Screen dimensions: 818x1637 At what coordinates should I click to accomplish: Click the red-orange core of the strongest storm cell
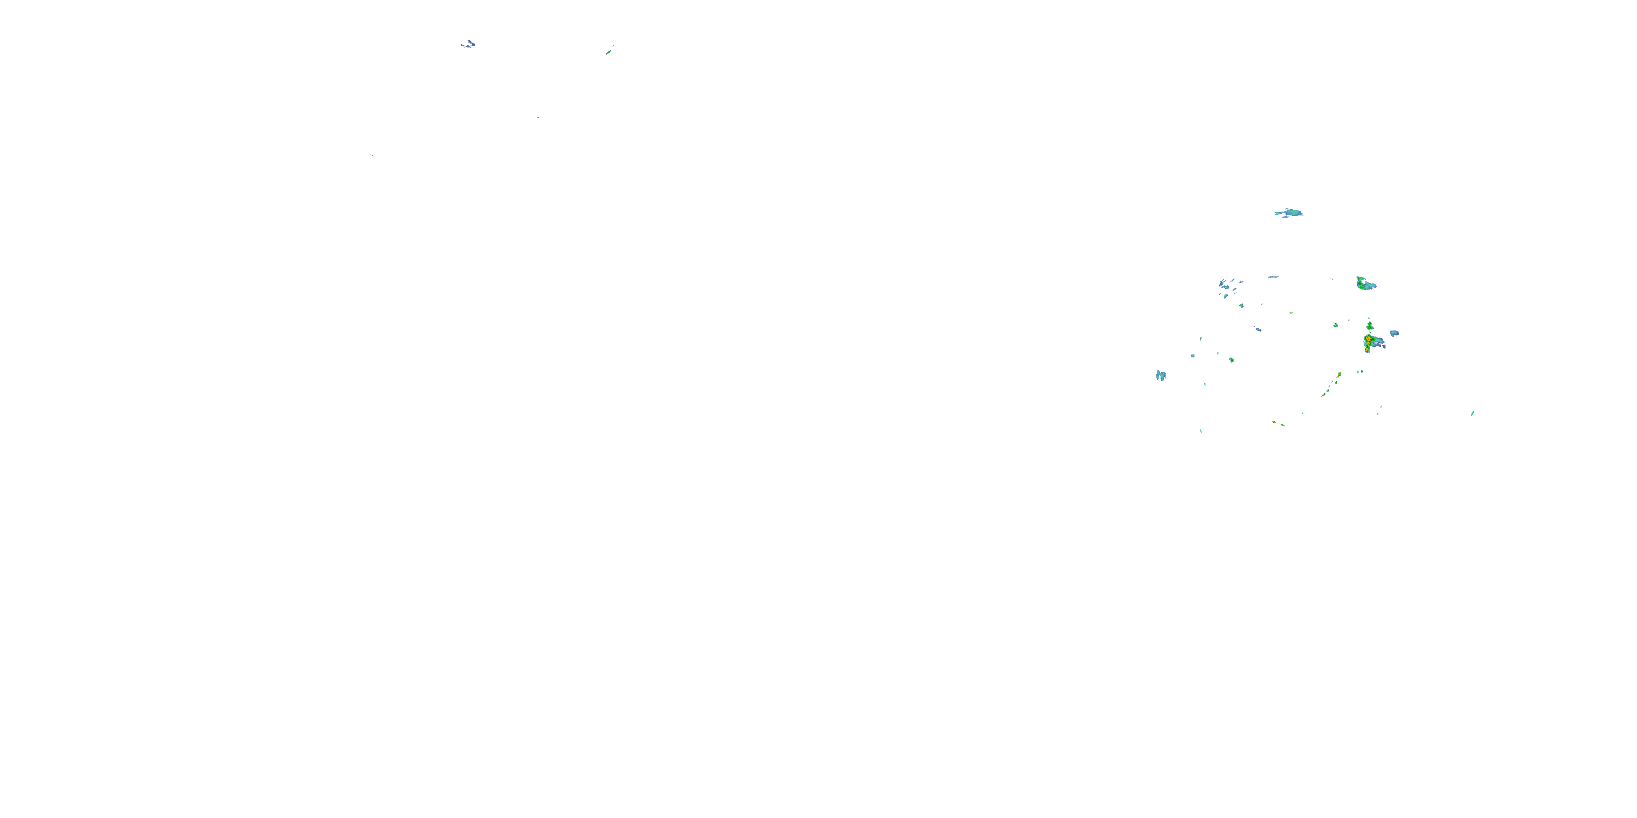point(1367,339)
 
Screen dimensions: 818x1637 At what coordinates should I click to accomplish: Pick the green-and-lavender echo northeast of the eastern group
point(1365,284)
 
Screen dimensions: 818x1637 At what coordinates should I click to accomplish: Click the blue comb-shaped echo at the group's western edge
point(1161,375)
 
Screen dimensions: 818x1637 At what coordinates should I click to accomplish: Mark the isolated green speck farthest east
point(1472,413)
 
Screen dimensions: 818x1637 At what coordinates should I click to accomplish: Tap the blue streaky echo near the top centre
point(468,44)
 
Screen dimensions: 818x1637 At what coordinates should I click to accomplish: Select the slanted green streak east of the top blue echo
point(610,50)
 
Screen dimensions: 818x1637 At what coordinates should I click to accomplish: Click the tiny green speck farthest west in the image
point(372,155)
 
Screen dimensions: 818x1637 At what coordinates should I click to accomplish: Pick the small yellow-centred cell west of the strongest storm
point(1336,324)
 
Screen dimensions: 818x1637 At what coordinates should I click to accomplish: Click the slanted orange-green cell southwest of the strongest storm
point(1339,375)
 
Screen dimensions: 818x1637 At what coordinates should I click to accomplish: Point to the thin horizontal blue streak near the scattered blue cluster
point(1273,277)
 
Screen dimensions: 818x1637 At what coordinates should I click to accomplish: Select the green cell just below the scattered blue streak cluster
point(1241,305)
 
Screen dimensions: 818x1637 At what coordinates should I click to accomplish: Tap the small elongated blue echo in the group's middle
point(1258,329)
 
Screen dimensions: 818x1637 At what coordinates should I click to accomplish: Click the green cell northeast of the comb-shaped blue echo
point(1232,360)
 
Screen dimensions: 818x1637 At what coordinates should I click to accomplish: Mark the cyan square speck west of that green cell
point(1193,356)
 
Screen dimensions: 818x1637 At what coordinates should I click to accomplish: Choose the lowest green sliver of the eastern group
point(1200,431)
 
